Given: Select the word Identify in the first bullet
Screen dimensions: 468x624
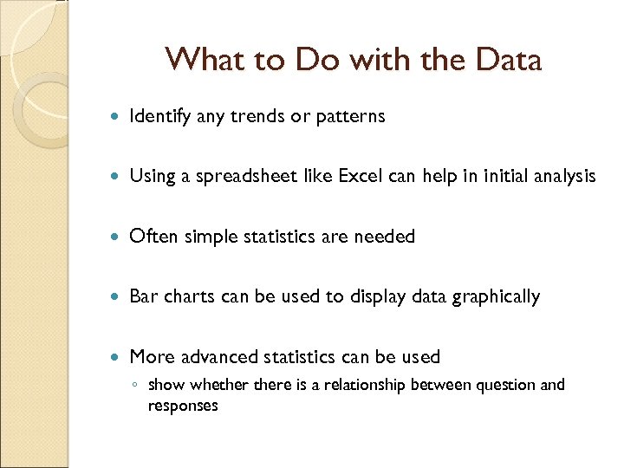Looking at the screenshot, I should (x=160, y=116).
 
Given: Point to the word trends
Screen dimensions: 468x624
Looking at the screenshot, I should (x=257, y=116).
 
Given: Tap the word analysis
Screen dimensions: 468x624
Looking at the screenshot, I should (x=561, y=176).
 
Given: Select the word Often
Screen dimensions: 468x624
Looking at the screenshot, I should (x=151, y=236).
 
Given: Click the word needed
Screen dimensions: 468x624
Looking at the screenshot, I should (x=386, y=236).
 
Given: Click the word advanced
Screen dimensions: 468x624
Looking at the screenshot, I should (x=216, y=356).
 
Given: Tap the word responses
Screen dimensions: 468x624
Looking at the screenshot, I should (x=183, y=406).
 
